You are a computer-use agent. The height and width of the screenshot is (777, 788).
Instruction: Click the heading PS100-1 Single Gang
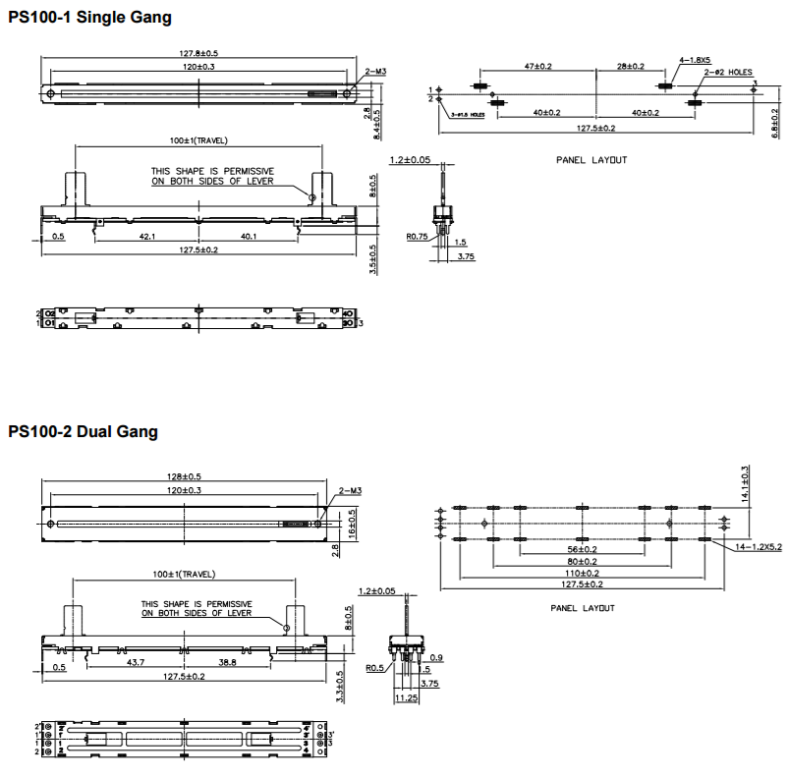pyautogui.click(x=89, y=17)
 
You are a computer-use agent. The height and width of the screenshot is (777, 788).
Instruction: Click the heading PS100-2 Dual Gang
pyautogui.click(x=84, y=431)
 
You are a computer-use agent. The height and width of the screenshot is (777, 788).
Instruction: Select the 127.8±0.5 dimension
pyautogui.click(x=197, y=53)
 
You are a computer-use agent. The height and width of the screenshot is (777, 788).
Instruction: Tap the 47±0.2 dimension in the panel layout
pyautogui.click(x=537, y=66)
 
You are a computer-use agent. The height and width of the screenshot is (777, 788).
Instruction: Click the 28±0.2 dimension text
pyautogui.click(x=630, y=66)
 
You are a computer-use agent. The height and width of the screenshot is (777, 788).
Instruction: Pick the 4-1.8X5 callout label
pyautogui.click(x=696, y=60)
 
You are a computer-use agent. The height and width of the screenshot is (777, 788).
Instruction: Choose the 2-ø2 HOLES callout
pyautogui.click(x=727, y=72)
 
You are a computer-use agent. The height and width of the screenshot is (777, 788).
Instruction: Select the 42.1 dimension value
pyautogui.click(x=144, y=236)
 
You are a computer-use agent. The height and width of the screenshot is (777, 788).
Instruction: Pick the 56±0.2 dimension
pyautogui.click(x=582, y=550)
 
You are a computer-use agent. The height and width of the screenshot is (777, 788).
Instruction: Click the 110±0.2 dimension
pyautogui.click(x=582, y=573)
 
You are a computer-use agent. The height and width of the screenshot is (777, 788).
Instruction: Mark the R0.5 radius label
pyautogui.click(x=374, y=668)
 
